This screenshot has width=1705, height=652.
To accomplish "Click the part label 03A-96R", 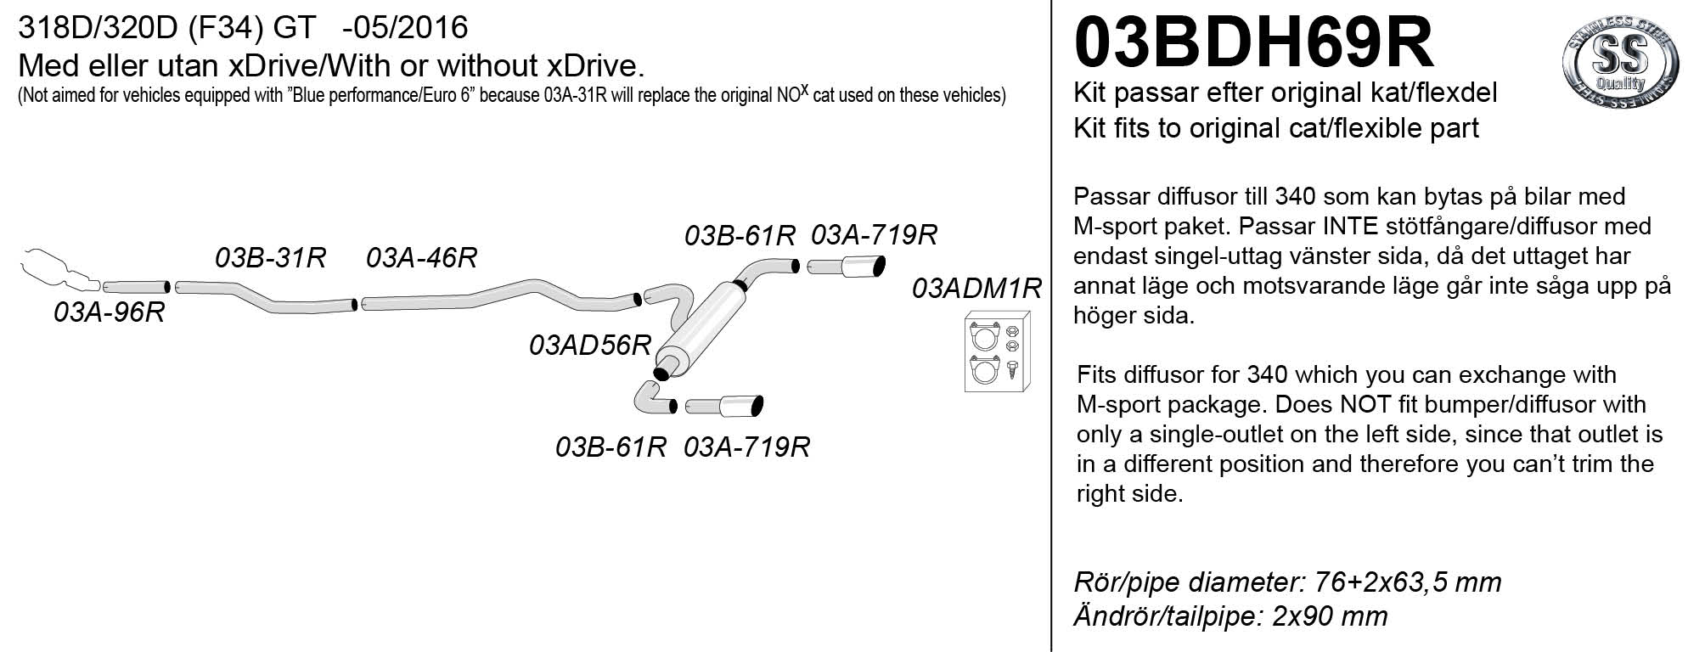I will coord(109,312).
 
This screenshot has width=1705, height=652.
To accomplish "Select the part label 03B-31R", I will coord(271,257).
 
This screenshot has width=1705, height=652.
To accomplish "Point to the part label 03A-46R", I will coord(421,257).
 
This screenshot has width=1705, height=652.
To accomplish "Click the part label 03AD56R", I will coord(589,346).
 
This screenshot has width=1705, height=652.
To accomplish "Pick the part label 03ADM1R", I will coord(976,289).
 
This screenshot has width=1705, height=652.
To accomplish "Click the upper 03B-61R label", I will coord(740,235).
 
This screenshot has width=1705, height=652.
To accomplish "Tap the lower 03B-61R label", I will coord(611,447).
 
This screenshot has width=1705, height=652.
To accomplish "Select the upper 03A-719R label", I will coord(874,235).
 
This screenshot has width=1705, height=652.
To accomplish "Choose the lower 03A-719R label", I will coord(746,447).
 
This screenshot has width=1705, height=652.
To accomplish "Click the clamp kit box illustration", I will coord(998,352).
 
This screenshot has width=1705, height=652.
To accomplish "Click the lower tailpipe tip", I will coord(742,406).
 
